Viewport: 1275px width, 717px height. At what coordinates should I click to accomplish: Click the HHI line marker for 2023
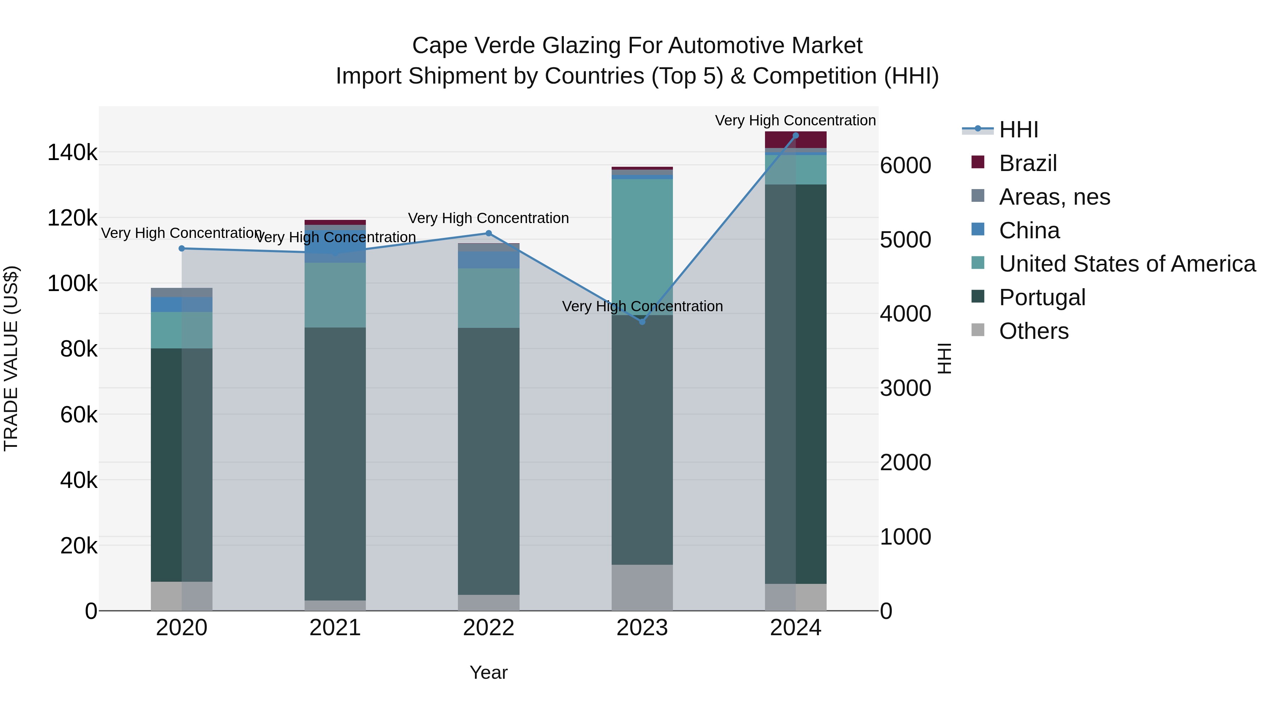pos(642,321)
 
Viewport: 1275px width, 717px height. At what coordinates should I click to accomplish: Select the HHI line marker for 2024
pos(795,136)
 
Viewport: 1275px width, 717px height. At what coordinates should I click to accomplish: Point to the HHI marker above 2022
pos(488,233)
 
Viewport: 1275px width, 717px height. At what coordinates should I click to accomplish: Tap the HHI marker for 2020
pos(182,249)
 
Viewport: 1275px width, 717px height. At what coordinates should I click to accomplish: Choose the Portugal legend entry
pos(1042,297)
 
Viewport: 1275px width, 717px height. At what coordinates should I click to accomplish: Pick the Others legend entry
pos(1033,331)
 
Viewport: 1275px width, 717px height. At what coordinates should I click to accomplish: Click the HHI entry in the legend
pos(1018,130)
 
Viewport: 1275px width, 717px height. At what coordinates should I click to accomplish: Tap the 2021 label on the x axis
pos(335,628)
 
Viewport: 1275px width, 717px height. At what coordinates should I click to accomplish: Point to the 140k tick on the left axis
pos(72,152)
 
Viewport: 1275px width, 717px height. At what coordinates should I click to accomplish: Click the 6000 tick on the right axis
pos(905,165)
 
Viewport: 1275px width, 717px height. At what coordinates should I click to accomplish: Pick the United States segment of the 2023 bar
pos(642,247)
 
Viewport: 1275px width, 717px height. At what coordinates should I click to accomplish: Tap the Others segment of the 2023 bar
pos(642,587)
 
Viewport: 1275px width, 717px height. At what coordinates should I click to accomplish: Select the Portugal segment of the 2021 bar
pos(335,463)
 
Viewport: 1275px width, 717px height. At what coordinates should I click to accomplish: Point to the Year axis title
pos(488,672)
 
